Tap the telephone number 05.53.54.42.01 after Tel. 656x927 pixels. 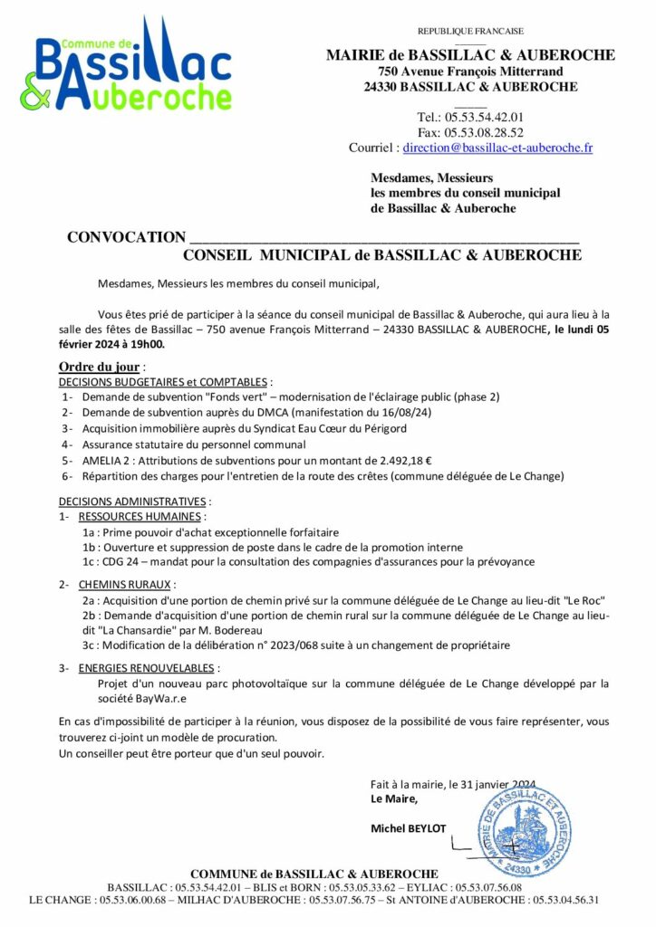click(x=490, y=117)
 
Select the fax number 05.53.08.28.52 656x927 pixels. click(x=490, y=132)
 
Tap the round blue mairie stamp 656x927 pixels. click(x=521, y=825)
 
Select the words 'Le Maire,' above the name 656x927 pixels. click(x=394, y=798)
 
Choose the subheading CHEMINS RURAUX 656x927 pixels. click(x=127, y=585)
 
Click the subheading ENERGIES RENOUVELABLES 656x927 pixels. click(x=149, y=668)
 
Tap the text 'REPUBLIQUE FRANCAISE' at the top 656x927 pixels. click(x=470, y=32)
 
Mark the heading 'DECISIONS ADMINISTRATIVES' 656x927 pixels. click(x=133, y=501)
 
